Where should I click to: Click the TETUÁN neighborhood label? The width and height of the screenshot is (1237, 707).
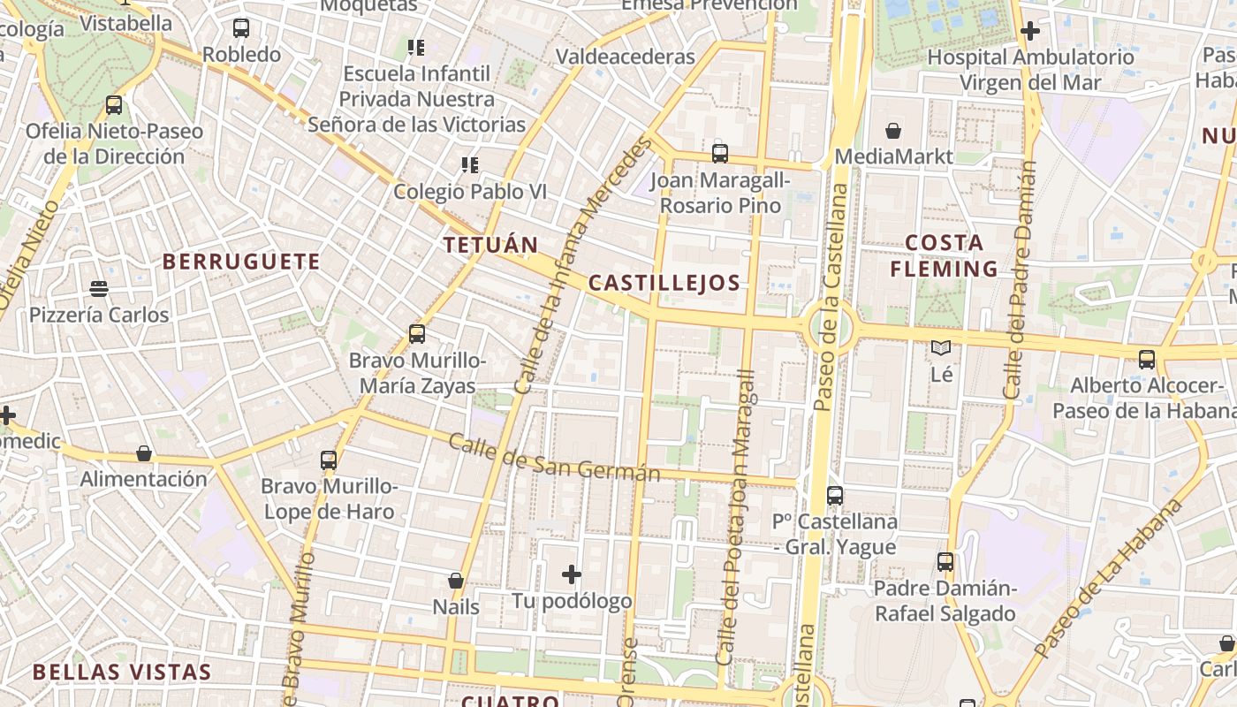(490, 245)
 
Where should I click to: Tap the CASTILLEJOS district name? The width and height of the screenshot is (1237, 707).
(664, 283)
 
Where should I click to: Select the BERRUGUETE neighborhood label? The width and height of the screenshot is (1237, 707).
(241, 262)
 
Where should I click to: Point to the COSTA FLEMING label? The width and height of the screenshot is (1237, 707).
(944, 255)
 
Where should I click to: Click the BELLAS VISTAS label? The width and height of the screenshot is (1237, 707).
(122, 672)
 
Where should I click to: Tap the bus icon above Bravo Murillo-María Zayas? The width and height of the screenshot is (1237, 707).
(417, 334)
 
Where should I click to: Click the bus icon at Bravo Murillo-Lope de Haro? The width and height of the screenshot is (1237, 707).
(329, 460)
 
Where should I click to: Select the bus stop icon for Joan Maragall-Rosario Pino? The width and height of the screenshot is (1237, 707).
(720, 154)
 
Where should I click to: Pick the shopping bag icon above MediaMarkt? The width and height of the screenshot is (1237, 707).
(893, 131)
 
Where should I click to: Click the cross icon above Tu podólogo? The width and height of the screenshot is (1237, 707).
(572, 575)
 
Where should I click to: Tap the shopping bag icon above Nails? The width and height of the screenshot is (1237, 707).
(456, 581)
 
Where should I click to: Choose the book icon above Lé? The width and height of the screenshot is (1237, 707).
(941, 348)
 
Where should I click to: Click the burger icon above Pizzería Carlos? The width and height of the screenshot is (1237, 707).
(99, 288)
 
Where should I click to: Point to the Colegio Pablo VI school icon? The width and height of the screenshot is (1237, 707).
(470, 164)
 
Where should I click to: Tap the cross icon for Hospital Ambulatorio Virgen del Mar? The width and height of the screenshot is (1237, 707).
(1029, 31)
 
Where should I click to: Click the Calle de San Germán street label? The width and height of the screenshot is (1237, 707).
(554, 457)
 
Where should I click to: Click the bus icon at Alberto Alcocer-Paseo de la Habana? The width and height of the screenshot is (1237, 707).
(1147, 359)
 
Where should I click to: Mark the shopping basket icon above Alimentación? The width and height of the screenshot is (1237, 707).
(144, 453)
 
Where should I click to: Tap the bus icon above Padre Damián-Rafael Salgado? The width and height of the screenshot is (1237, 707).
(945, 561)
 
